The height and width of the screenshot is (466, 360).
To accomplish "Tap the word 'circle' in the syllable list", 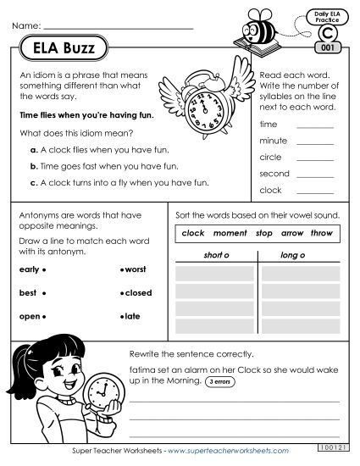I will pos(271,158).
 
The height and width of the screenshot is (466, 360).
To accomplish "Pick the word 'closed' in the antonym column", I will pos(138,293).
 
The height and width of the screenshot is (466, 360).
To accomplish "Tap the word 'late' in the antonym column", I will pos(134,317).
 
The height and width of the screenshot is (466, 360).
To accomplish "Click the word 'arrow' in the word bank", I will pos(292,232).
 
